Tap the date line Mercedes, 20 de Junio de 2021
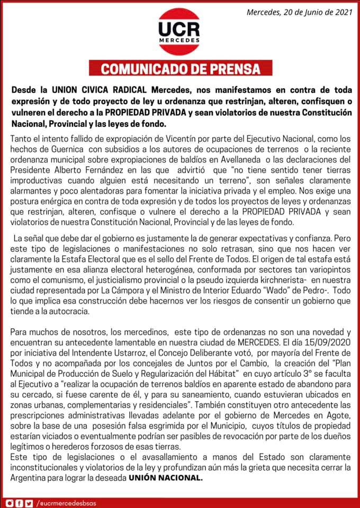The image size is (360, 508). [299, 11]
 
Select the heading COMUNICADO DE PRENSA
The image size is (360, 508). [181, 69]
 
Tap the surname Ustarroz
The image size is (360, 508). [136, 352]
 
